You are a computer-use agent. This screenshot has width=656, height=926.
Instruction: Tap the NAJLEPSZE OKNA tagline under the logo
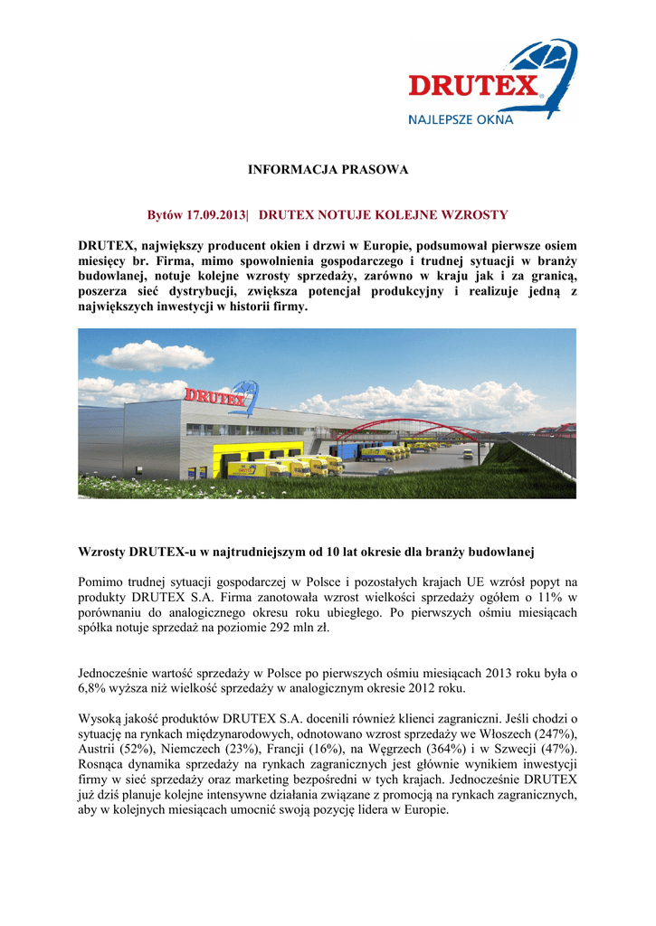click(x=461, y=118)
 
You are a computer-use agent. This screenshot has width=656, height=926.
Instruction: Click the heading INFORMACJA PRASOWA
click(x=328, y=169)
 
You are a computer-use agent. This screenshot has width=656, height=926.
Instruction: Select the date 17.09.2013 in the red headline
click(x=217, y=215)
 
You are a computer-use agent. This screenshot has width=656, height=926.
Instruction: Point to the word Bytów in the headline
click(x=166, y=215)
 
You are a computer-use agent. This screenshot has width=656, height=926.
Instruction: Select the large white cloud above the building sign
click(x=140, y=355)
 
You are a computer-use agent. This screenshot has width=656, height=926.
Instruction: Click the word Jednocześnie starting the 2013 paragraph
click(x=121, y=673)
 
